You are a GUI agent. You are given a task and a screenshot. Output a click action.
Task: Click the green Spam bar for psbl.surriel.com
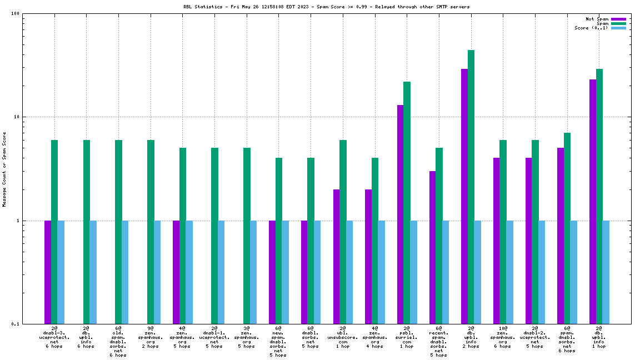(x=407, y=202)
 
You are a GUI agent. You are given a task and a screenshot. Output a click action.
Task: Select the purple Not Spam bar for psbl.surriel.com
(x=400, y=214)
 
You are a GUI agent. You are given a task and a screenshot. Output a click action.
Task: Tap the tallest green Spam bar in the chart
(x=471, y=187)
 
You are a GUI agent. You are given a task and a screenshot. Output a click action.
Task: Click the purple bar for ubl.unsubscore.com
(x=336, y=256)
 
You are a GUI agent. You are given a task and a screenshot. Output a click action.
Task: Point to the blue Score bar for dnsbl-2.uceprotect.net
(x=542, y=272)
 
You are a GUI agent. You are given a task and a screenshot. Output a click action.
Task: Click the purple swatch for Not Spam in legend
(x=618, y=19)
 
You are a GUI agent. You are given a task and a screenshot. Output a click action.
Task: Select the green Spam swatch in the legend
(x=618, y=23)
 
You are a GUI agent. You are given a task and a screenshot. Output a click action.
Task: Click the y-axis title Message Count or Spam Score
(x=4, y=169)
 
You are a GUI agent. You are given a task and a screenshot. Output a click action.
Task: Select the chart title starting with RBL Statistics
(x=326, y=7)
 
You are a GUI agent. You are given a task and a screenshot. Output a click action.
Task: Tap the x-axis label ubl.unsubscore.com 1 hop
(x=343, y=337)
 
